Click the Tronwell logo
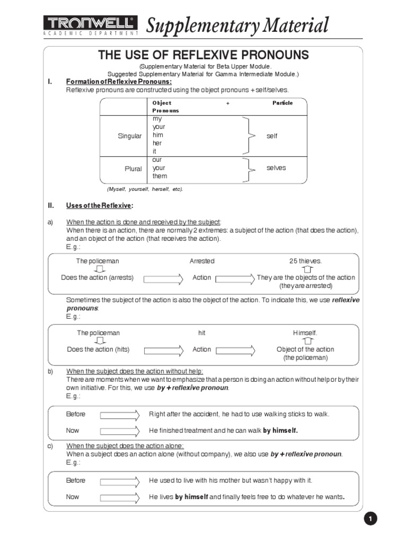click(90, 24)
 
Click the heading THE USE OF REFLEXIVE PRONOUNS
click(203, 55)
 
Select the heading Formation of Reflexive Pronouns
click(119, 82)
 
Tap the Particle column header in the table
click(282, 103)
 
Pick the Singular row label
click(130, 136)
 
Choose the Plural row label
click(133, 169)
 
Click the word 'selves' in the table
click(276, 168)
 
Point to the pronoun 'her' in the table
click(157, 143)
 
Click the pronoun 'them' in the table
click(160, 176)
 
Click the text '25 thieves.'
click(305, 261)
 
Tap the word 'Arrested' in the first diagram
click(202, 261)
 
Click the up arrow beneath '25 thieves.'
click(305, 269)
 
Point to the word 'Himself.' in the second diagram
click(305, 333)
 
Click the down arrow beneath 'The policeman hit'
click(99, 341)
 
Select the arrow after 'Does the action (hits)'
click(163, 350)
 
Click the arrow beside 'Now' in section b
click(120, 431)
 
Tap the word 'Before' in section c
click(76, 480)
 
